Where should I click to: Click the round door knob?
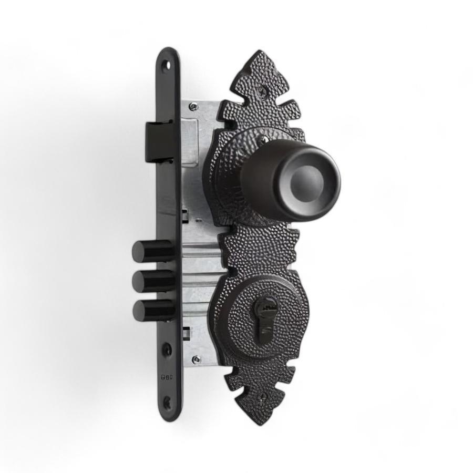(x=294, y=179)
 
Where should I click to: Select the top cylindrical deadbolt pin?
(x=150, y=251)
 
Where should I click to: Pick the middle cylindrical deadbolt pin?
(x=150, y=281)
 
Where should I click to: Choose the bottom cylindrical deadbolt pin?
(x=150, y=310)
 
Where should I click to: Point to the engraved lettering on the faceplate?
(x=167, y=377)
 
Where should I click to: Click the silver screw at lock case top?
(x=194, y=107)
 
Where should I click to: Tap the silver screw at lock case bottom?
(x=196, y=359)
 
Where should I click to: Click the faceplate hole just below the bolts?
(x=167, y=349)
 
